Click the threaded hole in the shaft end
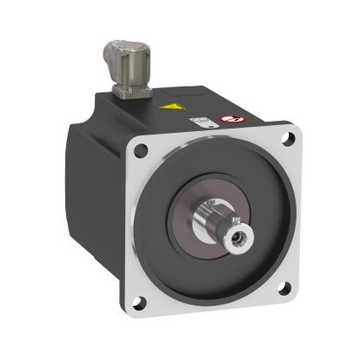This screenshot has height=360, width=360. (236, 232)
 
